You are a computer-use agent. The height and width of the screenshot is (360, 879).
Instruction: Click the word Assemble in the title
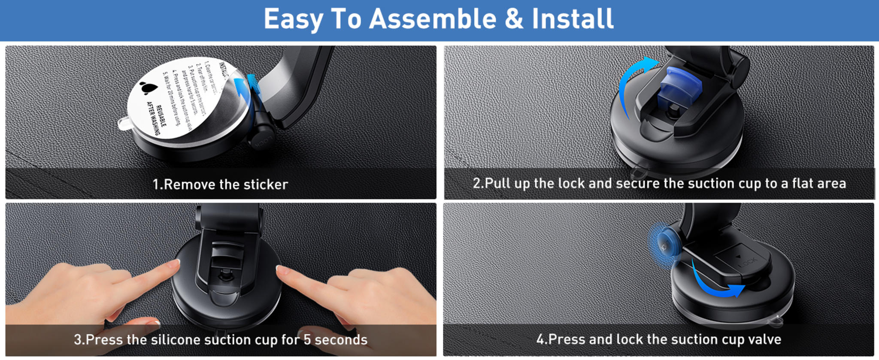[x=433, y=19]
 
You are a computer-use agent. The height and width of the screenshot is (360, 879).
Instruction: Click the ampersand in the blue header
[x=514, y=19]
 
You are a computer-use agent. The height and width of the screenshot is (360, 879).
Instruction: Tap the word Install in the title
[x=573, y=19]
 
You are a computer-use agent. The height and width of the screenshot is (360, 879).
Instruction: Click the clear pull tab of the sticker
[x=125, y=124]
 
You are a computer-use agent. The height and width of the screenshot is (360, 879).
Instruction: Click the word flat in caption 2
[x=805, y=184]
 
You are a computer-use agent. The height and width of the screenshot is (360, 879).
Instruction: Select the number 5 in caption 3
[x=307, y=340]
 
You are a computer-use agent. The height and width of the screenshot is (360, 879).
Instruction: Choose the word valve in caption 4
[x=764, y=339]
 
